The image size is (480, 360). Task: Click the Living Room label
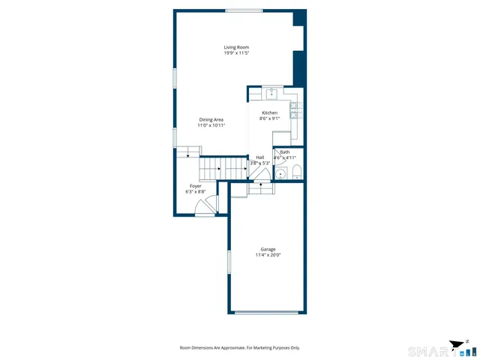(x=236, y=47)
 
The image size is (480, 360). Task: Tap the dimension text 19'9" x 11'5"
(x=236, y=53)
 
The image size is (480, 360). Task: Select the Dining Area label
(x=211, y=119)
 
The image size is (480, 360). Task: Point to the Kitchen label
(x=269, y=112)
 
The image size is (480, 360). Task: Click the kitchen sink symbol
(x=271, y=94)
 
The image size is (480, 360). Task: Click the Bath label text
(x=285, y=151)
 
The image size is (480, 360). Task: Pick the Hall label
(x=259, y=157)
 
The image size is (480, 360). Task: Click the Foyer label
(x=195, y=186)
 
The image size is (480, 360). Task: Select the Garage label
(x=268, y=249)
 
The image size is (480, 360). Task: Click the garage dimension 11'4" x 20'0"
(x=268, y=255)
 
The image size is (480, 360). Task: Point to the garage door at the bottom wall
(x=267, y=312)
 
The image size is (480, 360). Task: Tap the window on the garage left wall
(x=229, y=265)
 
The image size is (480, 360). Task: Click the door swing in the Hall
(x=259, y=173)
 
